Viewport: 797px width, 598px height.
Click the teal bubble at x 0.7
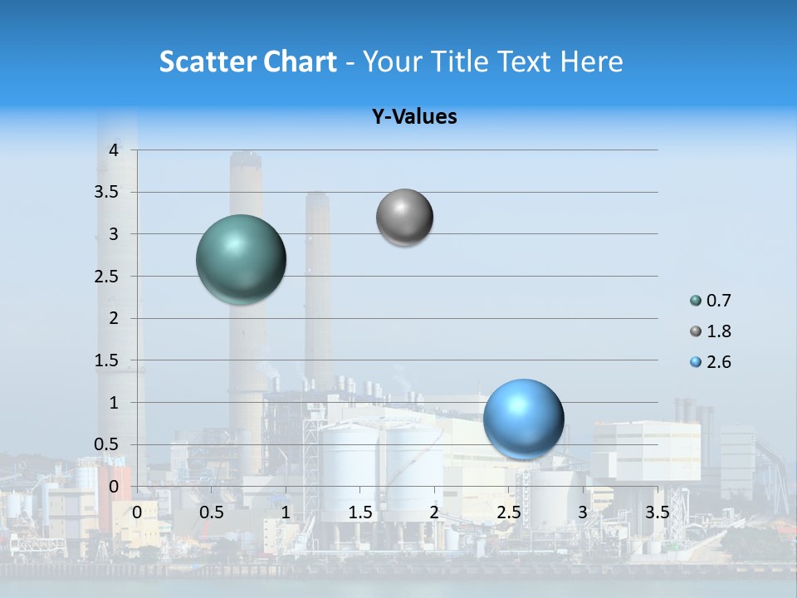pos(242,259)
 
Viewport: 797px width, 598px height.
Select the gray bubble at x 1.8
pos(404,218)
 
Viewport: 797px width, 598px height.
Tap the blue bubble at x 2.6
pos(523,419)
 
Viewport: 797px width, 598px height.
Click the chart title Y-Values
pos(414,117)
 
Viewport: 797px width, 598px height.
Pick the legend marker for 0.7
pos(696,301)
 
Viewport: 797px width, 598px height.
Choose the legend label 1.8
pos(719,331)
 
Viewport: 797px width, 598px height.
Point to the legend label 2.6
pos(719,362)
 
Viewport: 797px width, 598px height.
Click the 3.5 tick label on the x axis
pos(658,512)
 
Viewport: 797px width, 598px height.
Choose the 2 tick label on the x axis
pos(434,512)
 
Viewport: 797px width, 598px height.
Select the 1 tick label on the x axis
pos(286,512)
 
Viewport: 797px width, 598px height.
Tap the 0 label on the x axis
pos(137,512)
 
